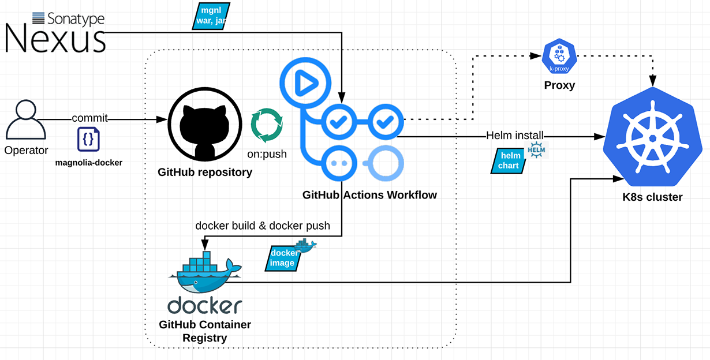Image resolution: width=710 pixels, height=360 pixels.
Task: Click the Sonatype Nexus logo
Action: pos(55,32)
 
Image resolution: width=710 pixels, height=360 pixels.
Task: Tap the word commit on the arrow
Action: pos(89,118)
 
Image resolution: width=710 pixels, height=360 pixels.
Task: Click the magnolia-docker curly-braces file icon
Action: pos(88,140)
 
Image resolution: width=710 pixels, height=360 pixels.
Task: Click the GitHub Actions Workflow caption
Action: pos(369,195)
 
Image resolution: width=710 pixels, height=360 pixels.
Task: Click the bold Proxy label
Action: pos(559,85)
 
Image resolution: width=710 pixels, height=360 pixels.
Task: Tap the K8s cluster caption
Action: pos(652,197)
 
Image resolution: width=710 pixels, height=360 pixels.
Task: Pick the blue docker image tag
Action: pos(283,258)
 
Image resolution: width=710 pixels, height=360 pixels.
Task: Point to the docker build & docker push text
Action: pos(263,226)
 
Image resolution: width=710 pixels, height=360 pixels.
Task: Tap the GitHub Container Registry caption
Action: pos(205,331)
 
